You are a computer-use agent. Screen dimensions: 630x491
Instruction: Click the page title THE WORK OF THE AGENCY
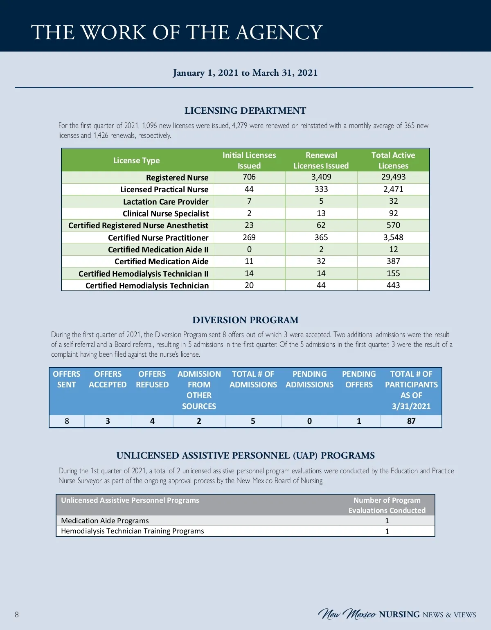click(x=177, y=32)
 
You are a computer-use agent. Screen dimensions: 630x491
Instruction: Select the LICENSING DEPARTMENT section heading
click(x=245, y=110)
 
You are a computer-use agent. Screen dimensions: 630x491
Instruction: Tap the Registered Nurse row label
click(x=177, y=178)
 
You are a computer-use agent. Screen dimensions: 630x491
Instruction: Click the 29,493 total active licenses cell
click(x=393, y=177)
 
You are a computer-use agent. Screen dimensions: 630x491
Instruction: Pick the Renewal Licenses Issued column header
click(x=321, y=160)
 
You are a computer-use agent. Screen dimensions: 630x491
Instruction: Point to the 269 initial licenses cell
click(x=249, y=237)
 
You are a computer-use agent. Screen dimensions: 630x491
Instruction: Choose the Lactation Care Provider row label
click(x=166, y=202)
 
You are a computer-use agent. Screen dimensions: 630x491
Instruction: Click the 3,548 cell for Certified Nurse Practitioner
click(x=393, y=237)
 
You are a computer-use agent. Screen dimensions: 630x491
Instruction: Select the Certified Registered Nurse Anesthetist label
click(x=138, y=225)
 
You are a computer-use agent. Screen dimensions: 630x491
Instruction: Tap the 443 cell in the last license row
click(x=393, y=285)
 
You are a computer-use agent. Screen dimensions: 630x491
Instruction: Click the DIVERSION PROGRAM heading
click(x=245, y=320)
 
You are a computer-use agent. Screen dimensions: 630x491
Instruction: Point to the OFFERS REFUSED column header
click(x=152, y=379)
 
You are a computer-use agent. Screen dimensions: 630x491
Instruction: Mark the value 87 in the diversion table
click(x=411, y=421)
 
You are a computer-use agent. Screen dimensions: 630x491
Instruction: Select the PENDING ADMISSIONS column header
click(x=309, y=379)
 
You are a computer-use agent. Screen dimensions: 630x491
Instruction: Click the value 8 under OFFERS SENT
click(x=67, y=421)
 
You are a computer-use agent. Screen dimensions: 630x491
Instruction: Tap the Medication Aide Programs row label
click(x=105, y=521)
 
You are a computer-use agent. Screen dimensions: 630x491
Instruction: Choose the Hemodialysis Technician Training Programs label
click(x=132, y=531)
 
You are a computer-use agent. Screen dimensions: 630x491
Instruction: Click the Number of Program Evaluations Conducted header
click(x=387, y=505)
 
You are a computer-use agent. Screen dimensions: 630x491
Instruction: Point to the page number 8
click(x=17, y=614)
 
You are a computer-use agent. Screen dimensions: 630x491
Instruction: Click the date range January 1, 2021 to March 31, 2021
click(x=245, y=73)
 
